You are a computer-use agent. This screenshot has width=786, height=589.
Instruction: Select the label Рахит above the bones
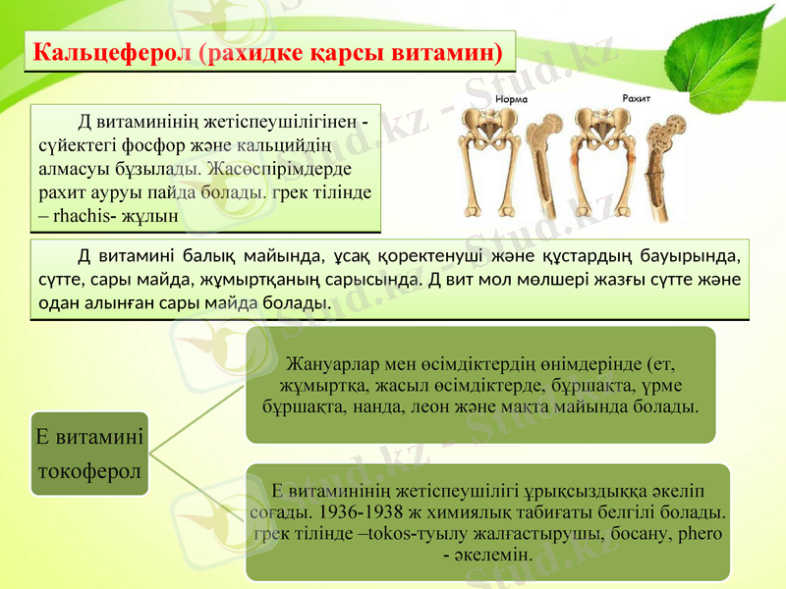click(x=637, y=98)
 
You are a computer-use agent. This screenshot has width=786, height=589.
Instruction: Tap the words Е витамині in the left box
click(x=87, y=437)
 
